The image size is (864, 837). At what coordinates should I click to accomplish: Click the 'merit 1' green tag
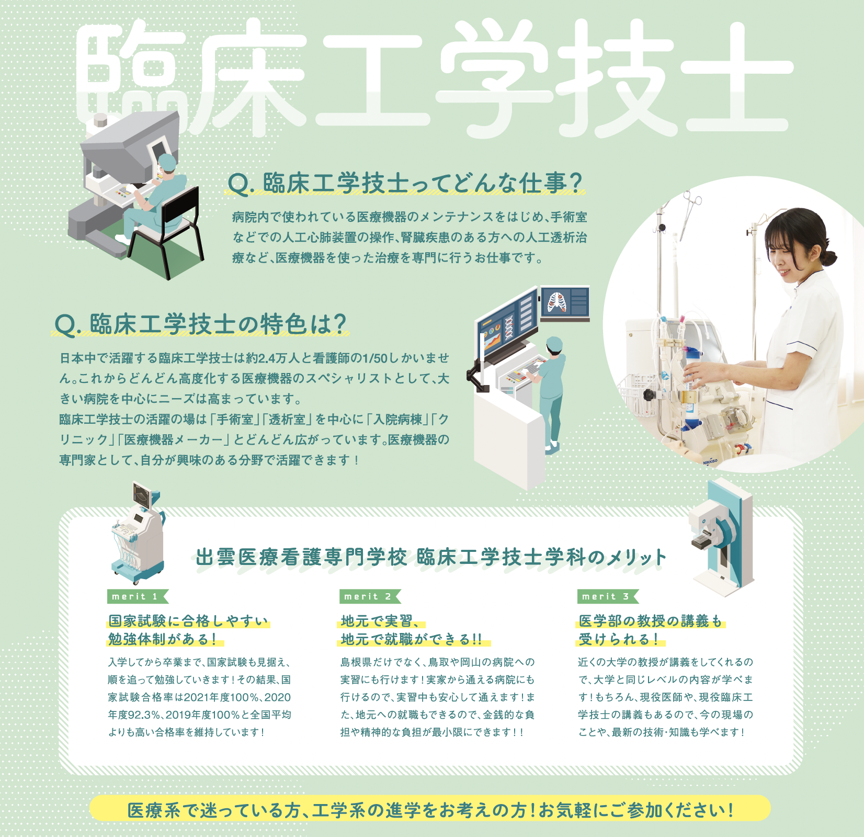point(138,596)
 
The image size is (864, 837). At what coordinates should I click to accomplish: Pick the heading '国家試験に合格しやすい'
point(188,621)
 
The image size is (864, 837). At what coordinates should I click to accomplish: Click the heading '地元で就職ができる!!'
point(411,639)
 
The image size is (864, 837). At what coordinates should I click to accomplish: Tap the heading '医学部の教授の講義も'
point(650,621)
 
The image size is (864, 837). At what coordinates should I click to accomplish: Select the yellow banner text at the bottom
point(430,810)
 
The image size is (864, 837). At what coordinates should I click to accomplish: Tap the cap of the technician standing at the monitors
point(554,344)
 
